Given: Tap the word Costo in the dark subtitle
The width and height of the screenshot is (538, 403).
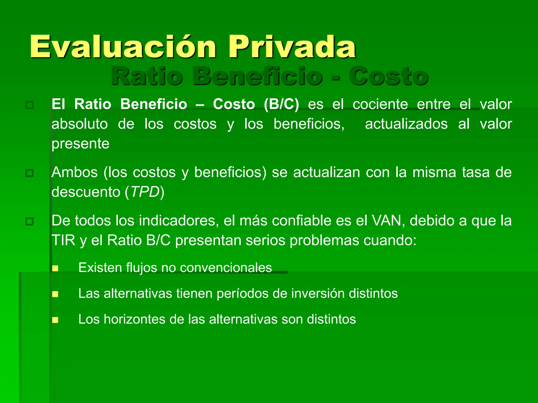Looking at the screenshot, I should [x=388, y=76].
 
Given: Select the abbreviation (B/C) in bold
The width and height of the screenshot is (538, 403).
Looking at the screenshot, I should [x=281, y=104].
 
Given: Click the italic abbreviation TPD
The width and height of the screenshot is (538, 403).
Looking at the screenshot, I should [x=145, y=192].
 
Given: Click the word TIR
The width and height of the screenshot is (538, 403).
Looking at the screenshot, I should [x=63, y=240].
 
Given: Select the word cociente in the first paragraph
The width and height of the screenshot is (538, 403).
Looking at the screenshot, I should [x=380, y=104].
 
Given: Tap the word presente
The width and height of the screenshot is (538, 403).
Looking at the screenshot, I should [x=80, y=144].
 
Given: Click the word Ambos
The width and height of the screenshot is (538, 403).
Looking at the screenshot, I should [x=75, y=172].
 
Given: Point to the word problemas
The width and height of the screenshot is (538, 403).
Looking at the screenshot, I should [x=324, y=240].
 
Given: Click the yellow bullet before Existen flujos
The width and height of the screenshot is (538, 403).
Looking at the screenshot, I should [x=55, y=268].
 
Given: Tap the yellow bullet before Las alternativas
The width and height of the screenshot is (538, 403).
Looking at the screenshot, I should [x=55, y=294].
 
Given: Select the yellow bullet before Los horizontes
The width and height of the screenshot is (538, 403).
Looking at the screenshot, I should [x=55, y=320].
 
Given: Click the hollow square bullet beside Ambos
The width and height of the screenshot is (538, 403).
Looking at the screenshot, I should [x=29, y=173].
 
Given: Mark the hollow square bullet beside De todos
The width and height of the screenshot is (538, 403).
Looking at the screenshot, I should [x=29, y=221].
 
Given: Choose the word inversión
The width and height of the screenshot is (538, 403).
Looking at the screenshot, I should [x=318, y=293].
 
